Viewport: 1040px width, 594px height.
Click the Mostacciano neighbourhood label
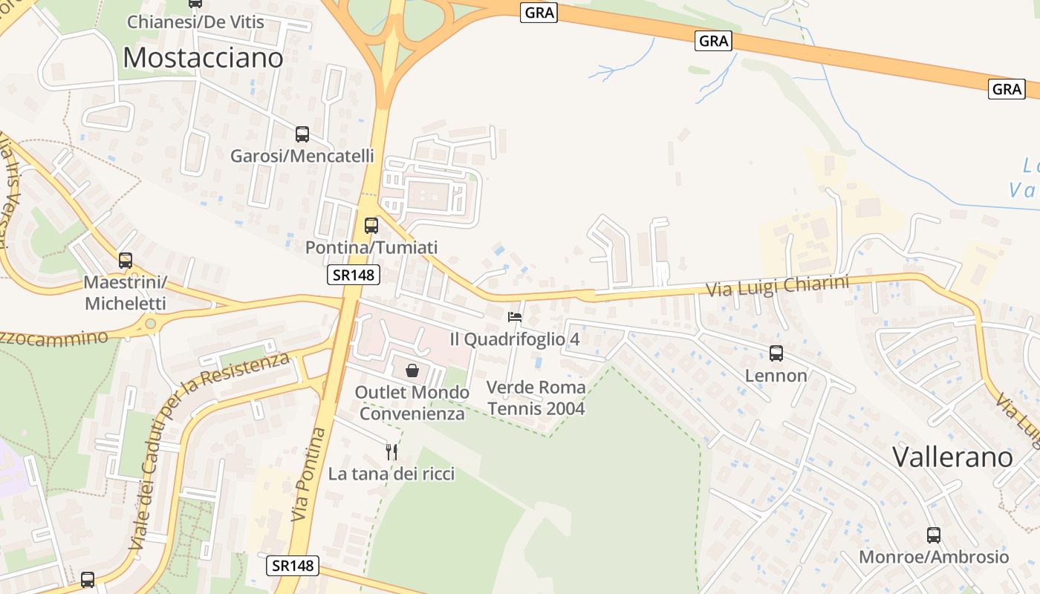point(203,57)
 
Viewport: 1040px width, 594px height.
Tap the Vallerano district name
point(952,456)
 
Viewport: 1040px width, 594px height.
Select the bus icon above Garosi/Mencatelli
point(302,134)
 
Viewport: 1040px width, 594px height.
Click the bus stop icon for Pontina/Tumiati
point(371,225)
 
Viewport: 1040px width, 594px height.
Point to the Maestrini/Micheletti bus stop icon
point(126,261)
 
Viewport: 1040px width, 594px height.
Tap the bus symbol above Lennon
point(776,353)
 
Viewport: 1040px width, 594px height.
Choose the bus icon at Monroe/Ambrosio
point(934,535)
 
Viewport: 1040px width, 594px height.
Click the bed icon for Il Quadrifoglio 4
point(515,317)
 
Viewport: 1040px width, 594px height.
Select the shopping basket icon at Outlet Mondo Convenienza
point(412,370)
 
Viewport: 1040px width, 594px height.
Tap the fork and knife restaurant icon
point(391,451)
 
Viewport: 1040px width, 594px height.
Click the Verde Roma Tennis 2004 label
point(536,398)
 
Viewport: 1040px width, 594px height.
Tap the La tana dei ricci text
point(391,474)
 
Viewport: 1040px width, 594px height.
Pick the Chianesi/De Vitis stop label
point(195,22)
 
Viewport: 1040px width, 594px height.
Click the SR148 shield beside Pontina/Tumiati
point(354,275)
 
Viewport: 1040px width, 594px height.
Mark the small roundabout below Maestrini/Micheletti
point(151,324)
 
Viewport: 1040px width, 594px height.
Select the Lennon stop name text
point(776,376)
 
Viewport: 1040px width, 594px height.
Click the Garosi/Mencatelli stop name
point(302,156)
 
